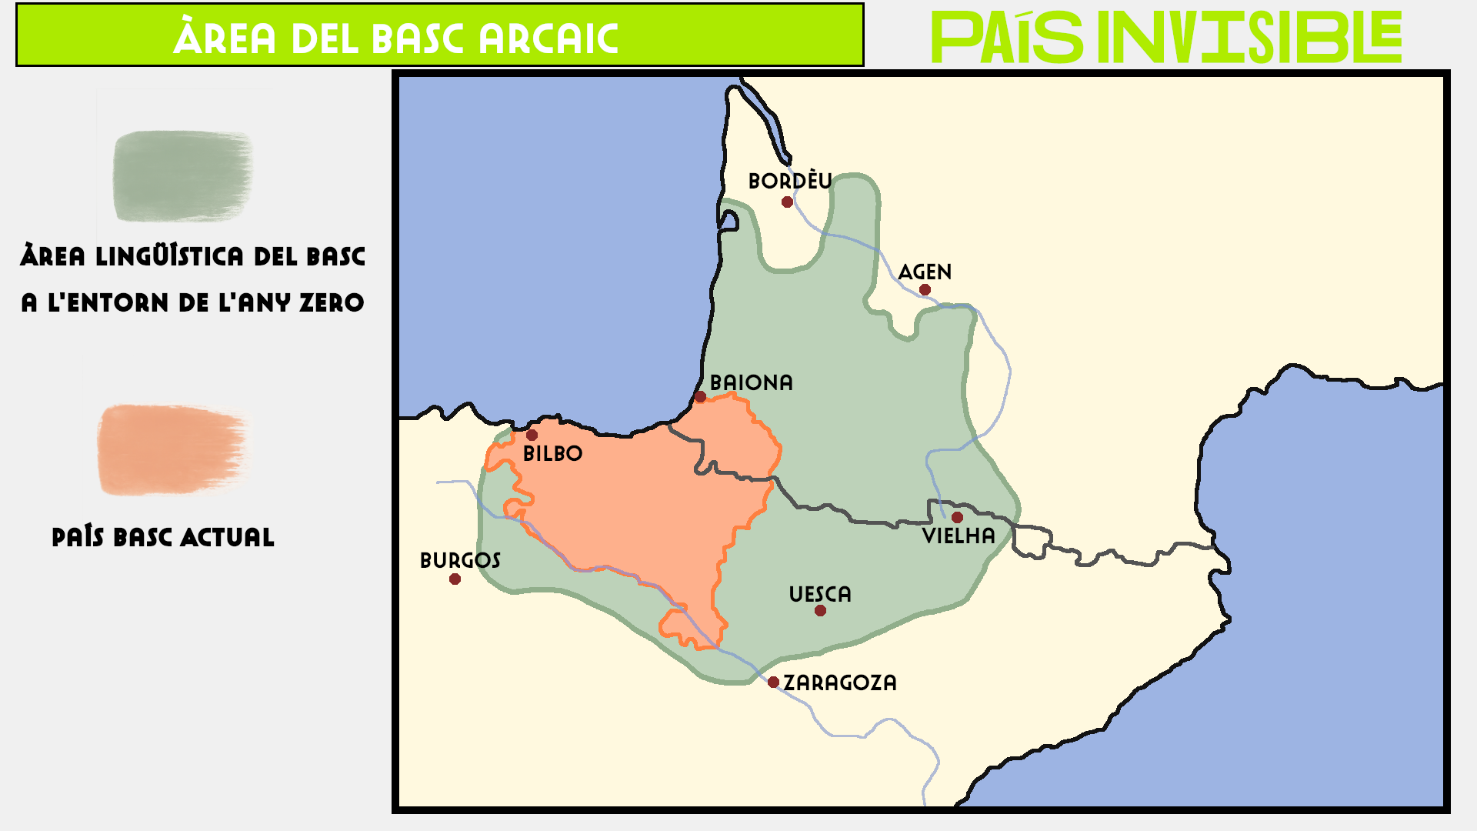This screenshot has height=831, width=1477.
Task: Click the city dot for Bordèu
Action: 787,202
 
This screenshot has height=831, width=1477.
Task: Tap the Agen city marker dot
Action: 925,290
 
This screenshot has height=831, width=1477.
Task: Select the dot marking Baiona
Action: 700,397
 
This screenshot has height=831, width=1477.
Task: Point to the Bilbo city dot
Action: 532,436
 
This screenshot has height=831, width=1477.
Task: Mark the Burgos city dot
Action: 455,579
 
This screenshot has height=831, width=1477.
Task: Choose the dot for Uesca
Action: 820,611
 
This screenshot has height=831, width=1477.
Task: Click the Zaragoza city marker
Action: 773,682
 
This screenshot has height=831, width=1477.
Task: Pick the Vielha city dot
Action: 957,517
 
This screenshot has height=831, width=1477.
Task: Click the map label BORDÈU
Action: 790,181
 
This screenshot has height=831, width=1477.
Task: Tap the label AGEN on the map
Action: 925,272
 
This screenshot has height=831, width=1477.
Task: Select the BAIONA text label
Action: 751,382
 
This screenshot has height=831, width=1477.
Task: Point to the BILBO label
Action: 552,453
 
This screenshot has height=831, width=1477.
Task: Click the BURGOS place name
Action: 460,560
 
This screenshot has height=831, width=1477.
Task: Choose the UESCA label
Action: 820,594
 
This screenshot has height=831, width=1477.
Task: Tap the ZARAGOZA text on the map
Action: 840,682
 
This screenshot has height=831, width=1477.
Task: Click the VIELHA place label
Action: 959,536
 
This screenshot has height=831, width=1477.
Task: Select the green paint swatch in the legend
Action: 183,175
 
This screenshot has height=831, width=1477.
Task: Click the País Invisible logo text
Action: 1166,37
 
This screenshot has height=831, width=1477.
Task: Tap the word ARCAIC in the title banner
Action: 548,38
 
